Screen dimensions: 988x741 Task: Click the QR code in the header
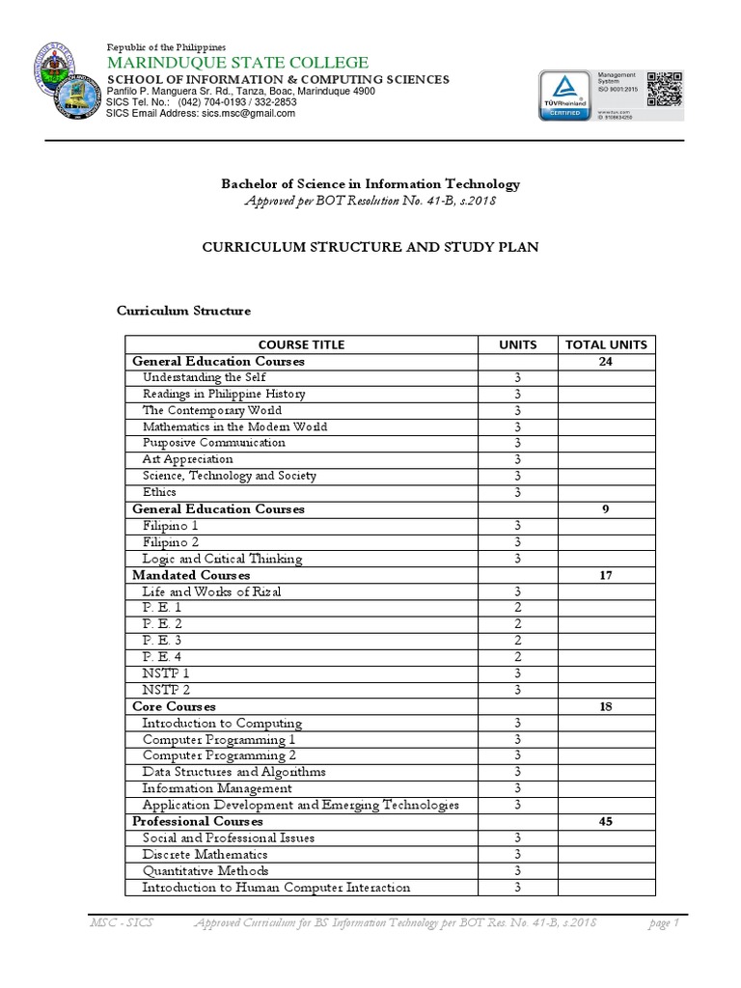pos(664,89)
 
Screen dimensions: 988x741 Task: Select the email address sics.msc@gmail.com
pos(248,113)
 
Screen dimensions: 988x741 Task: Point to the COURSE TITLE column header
pos(301,344)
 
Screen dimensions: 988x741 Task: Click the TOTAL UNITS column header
pos(606,344)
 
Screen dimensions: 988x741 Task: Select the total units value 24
pos(606,361)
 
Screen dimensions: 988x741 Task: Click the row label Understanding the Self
pos(204,377)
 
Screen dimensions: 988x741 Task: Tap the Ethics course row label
pos(160,492)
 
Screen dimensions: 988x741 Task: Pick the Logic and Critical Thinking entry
pos(222,559)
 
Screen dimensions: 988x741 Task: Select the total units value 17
pos(606,575)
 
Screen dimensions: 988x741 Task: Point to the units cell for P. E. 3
pos(517,641)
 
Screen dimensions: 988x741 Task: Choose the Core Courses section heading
pos(174,706)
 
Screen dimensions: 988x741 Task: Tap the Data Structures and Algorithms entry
pos(233,772)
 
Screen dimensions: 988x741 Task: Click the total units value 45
pos(606,821)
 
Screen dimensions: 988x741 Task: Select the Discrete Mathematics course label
pos(206,855)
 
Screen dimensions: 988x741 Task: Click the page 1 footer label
pos(664,924)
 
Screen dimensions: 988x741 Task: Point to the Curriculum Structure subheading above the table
pos(183,311)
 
